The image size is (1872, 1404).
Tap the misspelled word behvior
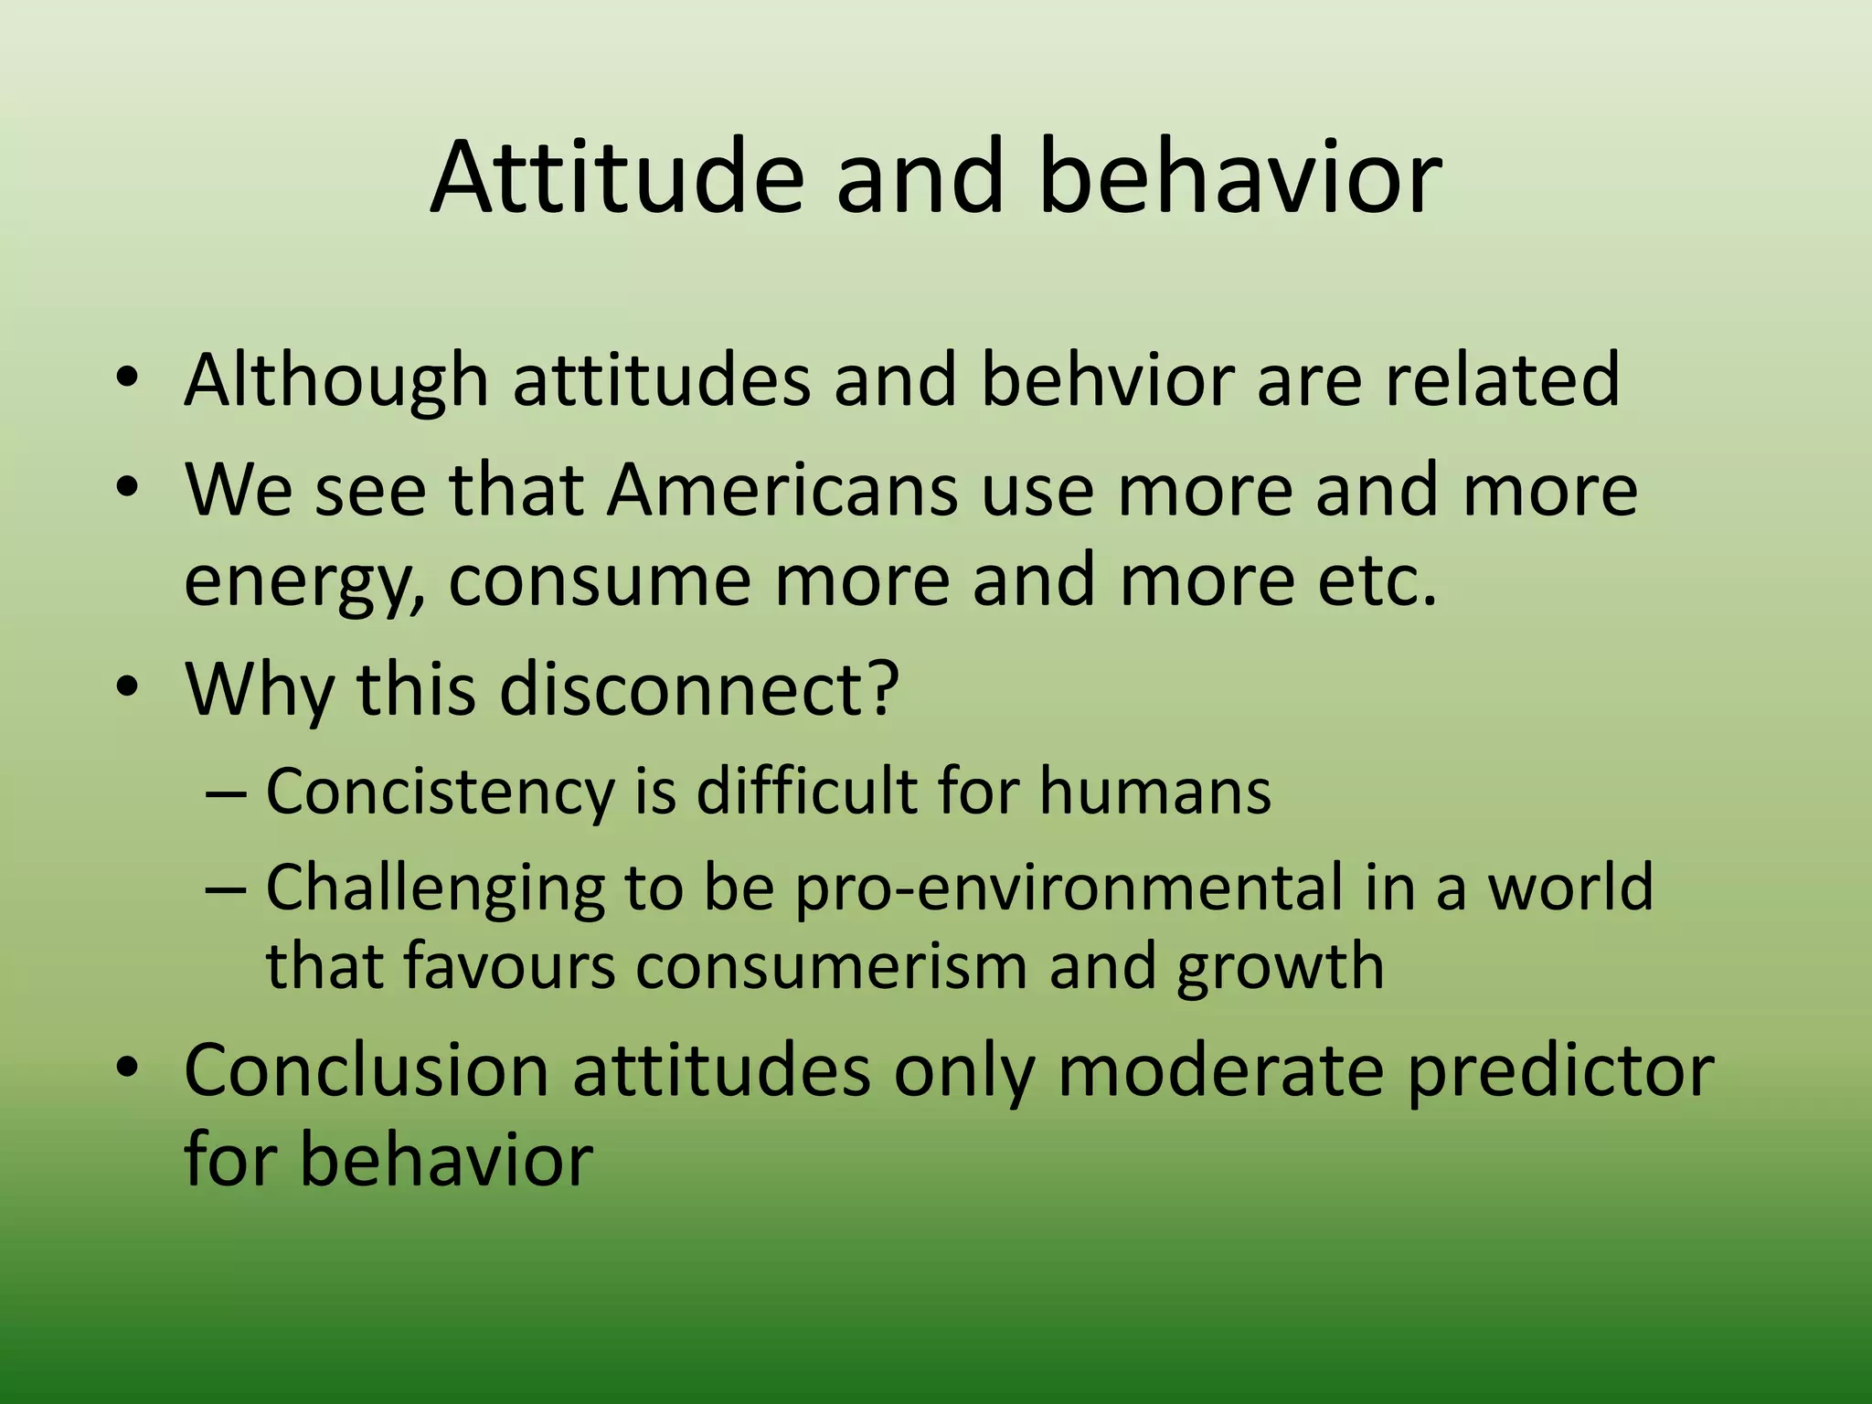pos(1107,379)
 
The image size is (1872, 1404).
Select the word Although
pos(335,379)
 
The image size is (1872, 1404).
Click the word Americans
pos(782,490)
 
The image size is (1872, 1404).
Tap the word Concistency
pos(440,791)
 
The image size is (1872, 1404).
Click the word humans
pos(1154,791)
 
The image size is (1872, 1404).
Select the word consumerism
pos(832,966)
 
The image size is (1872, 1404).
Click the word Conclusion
pos(366,1070)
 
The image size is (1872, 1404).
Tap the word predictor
pos(1559,1070)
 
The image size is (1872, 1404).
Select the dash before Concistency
pos(225,792)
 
